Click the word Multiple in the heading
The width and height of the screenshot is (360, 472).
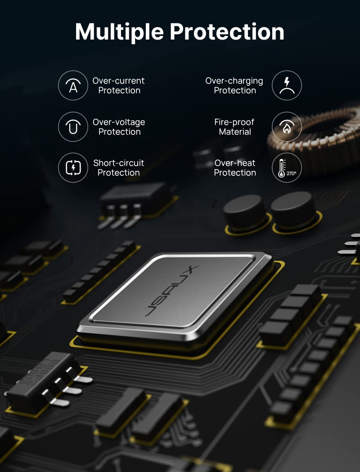(119, 32)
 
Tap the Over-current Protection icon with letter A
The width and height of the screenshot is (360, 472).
(73, 85)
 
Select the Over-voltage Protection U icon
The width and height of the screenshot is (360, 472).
(73, 127)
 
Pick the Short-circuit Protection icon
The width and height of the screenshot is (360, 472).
(73, 168)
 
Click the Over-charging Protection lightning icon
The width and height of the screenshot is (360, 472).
(287, 85)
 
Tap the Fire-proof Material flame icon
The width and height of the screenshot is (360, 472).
(287, 127)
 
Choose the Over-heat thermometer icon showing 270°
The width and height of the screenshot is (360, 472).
(287, 168)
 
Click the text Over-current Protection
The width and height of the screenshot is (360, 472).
(119, 85)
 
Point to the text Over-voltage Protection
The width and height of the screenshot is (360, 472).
(119, 127)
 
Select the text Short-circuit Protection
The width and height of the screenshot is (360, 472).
(119, 168)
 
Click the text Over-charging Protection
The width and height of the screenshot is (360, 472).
(234, 85)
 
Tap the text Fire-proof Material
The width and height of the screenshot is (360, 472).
(234, 127)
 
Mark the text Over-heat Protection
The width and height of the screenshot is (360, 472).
(234, 168)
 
